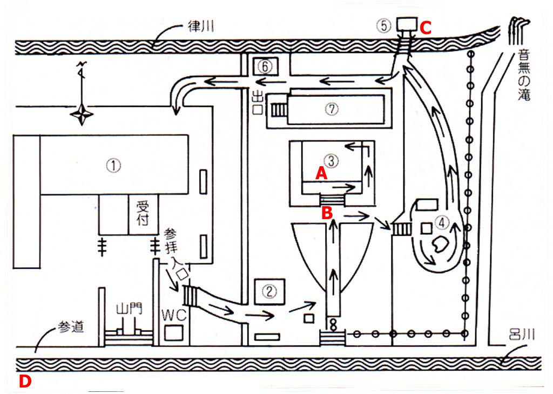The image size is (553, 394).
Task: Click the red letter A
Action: [x=321, y=173]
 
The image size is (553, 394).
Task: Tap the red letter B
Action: [x=327, y=213]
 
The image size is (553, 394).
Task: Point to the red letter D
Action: [x=25, y=381]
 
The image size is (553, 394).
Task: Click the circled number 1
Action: [x=113, y=166]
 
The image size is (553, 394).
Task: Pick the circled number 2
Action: [x=270, y=291]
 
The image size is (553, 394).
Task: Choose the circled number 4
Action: [x=442, y=221]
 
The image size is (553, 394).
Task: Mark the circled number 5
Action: [x=383, y=25]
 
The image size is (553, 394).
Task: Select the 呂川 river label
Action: [x=523, y=335]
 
